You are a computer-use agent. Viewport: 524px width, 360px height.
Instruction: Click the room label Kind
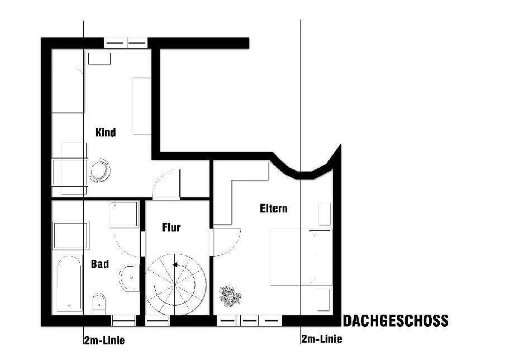106,132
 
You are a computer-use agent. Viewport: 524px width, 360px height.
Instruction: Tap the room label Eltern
274,209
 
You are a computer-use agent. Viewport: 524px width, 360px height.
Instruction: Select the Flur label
172,228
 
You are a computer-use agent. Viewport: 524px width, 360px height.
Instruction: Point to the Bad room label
99,264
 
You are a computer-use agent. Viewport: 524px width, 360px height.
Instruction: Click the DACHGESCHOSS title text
395,321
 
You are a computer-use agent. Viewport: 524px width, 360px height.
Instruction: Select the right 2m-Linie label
321,339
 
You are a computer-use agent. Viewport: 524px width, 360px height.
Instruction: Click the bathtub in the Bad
69,283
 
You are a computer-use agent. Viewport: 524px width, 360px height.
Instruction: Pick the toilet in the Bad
98,302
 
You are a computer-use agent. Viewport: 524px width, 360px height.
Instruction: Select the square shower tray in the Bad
123,215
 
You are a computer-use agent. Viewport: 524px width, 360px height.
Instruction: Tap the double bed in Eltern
300,256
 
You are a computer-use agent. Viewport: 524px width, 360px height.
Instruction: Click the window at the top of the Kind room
126,42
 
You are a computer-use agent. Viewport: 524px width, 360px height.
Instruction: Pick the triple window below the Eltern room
249,321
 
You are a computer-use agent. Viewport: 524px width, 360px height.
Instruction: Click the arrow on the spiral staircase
175,265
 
